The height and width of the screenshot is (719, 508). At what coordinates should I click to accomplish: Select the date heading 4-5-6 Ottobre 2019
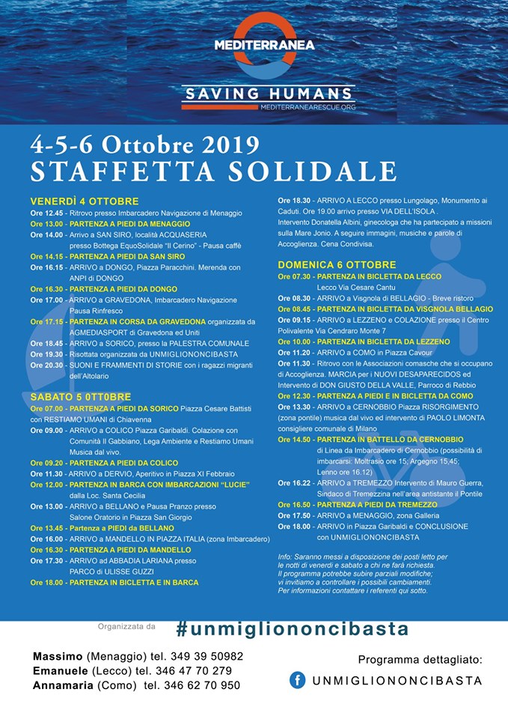point(144,145)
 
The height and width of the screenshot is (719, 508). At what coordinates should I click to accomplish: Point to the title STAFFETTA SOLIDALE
point(213,171)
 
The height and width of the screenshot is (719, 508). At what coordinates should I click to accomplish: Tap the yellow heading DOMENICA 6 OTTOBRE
point(337,264)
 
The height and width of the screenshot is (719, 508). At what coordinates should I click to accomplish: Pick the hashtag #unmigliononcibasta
point(293,628)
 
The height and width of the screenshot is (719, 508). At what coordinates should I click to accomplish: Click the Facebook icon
point(297,680)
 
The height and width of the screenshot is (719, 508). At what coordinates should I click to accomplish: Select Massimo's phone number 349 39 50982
point(201,656)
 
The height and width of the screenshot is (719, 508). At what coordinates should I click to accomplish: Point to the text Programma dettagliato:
point(420,660)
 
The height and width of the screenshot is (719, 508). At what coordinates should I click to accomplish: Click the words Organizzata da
point(126,625)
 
